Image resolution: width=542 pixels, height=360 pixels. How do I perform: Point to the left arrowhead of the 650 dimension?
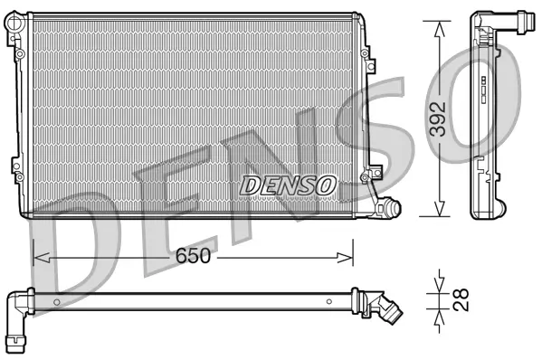pos(38,257)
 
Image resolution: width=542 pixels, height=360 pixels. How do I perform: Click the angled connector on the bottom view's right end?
pos(386,309)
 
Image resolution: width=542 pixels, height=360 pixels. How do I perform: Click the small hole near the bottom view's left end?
pos(56,299)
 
